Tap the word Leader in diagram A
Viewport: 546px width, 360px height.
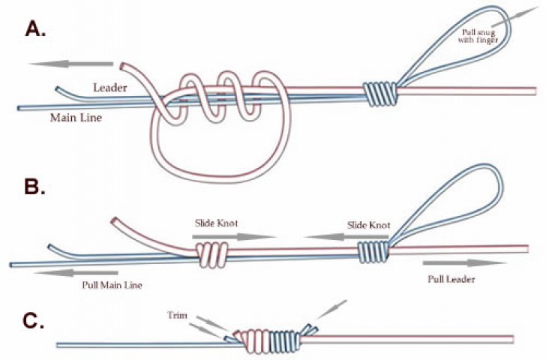pyautogui.click(x=109, y=88)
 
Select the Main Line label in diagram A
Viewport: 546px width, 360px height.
pyautogui.click(x=76, y=117)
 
